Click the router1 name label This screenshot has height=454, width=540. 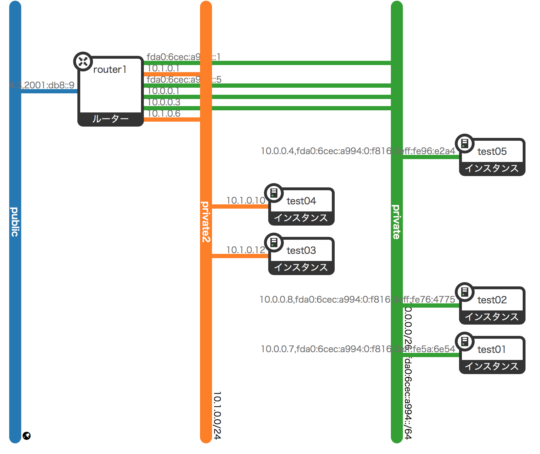pyautogui.click(x=110, y=70)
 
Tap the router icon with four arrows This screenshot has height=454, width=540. pyautogui.click(x=83, y=62)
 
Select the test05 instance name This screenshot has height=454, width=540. pyautogui.click(x=492, y=151)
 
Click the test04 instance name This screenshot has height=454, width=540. pyautogui.click(x=301, y=201)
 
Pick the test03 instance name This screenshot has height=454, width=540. pyautogui.click(x=301, y=250)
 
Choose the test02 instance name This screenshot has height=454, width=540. pyautogui.click(x=492, y=300)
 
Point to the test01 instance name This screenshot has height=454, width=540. pyautogui.click(x=492, y=349)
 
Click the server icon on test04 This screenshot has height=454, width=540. pyautogui.click(x=274, y=193)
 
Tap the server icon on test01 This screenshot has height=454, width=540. pyautogui.click(x=465, y=342)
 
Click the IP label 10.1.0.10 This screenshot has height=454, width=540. pyautogui.click(x=246, y=200)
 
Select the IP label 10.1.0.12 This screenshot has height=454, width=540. pyautogui.click(x=246, y=250)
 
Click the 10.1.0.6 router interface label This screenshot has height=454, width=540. pyautogui.click(x=164, y=113)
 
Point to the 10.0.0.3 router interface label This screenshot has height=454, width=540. pyautogui.click(x=164, y=102)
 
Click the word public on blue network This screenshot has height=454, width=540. pyautogui.click(x=15, y=222)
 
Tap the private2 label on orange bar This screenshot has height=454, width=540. pyautogui.click(x=206, y=222)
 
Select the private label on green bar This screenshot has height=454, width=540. pyautogui.click(x=397, y=222)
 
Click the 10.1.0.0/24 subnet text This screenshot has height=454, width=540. pyautogui.click(x=217, y=415)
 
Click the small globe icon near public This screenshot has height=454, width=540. pyautogui.click(x=27, y=436)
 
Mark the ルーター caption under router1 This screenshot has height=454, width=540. pyautogui.click(x=110, y=119)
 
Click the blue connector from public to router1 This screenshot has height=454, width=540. pyautogui.click(x=49, y=91)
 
